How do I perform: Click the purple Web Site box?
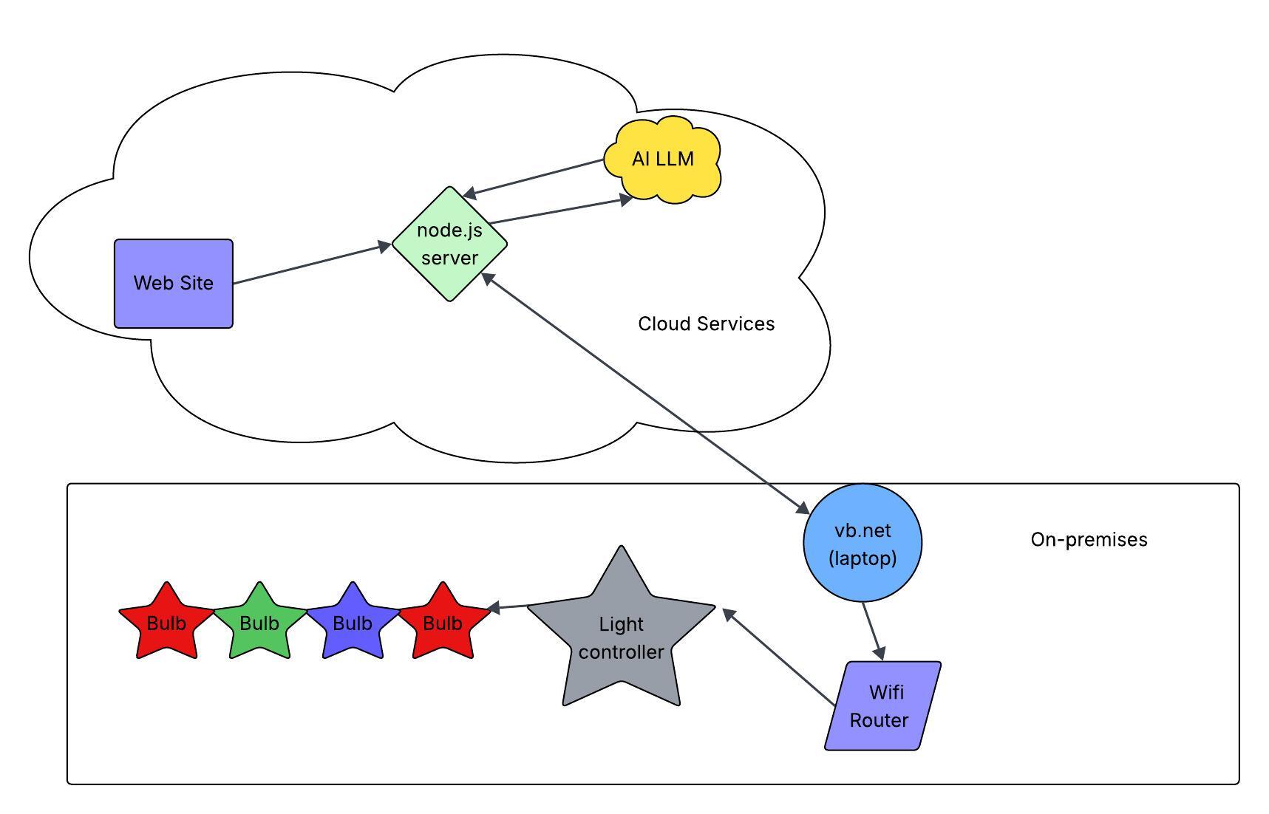(174, 283)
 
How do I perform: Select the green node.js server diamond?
(449, 244)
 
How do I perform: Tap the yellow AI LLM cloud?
(663, 160)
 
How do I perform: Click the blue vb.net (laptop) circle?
(863, 543)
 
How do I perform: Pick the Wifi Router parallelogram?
(882, 706)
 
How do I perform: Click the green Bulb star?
(259, 623)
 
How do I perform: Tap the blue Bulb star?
(353, 623)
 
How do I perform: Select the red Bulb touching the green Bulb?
(166, 623)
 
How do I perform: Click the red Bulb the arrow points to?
(443, 623)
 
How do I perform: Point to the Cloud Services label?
(706, 324)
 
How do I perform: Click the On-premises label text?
(1089, 539)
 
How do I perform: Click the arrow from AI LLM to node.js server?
(535, 178)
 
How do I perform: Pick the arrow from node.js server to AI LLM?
(558, 211)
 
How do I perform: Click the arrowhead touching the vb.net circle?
(802, 507)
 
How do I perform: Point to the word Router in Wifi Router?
(879, 720)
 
